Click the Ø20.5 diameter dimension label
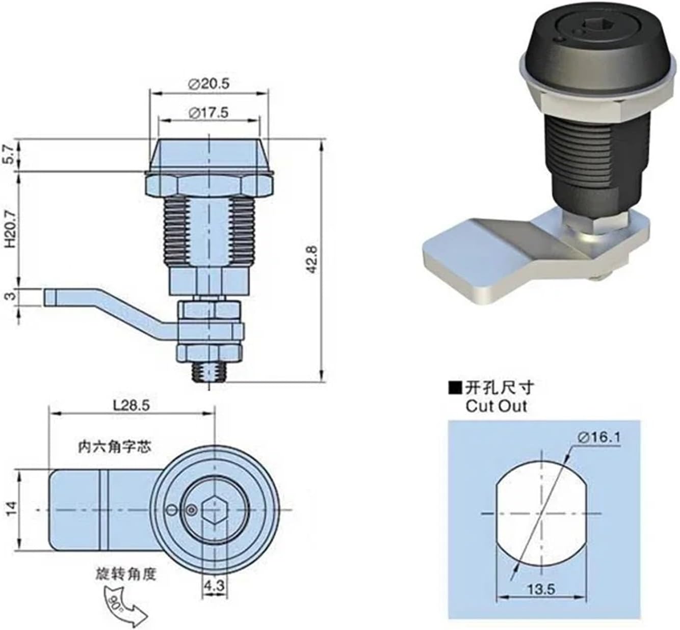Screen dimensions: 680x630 click(208, 84)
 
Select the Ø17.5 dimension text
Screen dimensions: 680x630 click(208, 113)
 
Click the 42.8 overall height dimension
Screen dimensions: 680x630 click(312, 260)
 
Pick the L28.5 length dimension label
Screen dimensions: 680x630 click(132, 405)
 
